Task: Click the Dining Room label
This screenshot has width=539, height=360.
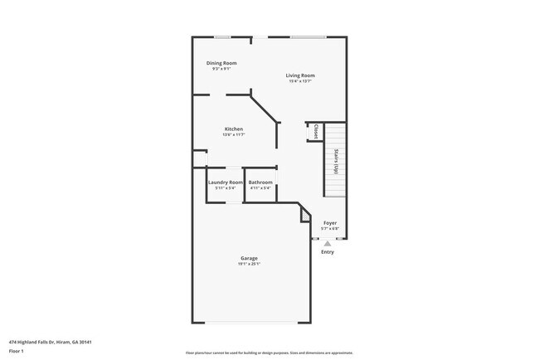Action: coord(221,63)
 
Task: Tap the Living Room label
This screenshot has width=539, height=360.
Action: coord(300,75)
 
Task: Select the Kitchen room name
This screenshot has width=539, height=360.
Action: coord(234,129)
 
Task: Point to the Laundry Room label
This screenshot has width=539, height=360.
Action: coord(225,182)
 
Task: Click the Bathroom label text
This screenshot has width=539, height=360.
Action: coord(260,182)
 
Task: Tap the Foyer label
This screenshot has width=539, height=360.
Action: coord(330,222)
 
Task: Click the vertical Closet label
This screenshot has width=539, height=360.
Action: coord(316,132)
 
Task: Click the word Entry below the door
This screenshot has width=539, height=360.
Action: coord(328,251)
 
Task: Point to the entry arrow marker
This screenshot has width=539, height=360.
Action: coord(328,243)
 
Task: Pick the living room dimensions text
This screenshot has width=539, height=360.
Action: coord(300,81)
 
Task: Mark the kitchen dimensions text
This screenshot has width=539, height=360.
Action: coord(234,134)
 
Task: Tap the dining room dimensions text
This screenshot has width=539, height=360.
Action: coord(221,69)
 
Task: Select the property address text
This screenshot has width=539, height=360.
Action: coord(50,341)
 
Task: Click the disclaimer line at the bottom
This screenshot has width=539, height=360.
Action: coord(269,353)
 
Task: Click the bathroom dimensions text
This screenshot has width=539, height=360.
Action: coord(260,188)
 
